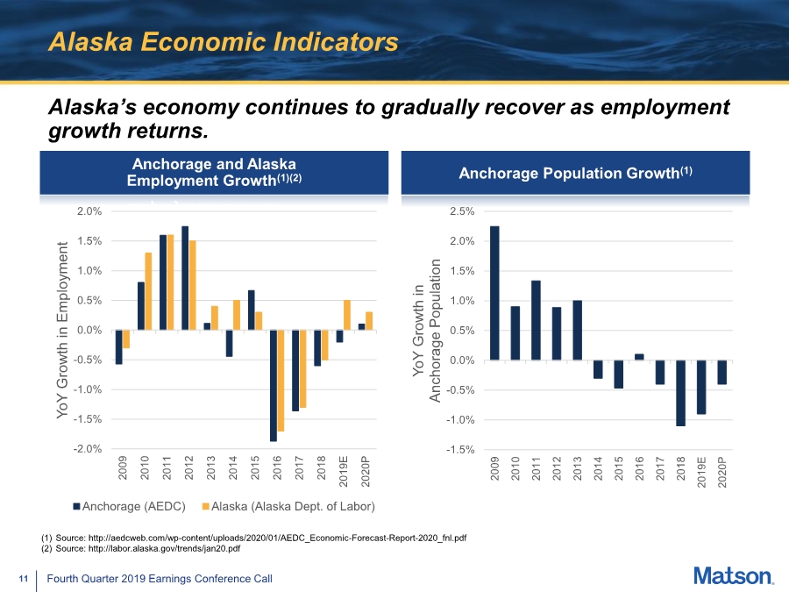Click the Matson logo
pos(734,576)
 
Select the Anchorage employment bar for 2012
pos(185,278)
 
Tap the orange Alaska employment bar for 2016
pos(281,381)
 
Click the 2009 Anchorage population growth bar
pos(494,293)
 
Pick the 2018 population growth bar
pos(681,393)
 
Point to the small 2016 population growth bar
pos(639,357)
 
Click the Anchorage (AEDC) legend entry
pos(130,506)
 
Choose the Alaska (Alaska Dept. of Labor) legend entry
pos(288,506)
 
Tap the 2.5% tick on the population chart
pos(462,211)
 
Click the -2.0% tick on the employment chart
pos(88,448)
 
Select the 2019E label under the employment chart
pos(344,471)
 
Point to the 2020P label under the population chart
pos(722,472)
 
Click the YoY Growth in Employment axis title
pos(62,330)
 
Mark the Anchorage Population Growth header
pos(575,173)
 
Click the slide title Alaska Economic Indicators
pos(224,42)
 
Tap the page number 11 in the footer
pos(23,579)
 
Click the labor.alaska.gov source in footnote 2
pos(164,548)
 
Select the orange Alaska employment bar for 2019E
pos(347,315)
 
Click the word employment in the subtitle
pos(665,107)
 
